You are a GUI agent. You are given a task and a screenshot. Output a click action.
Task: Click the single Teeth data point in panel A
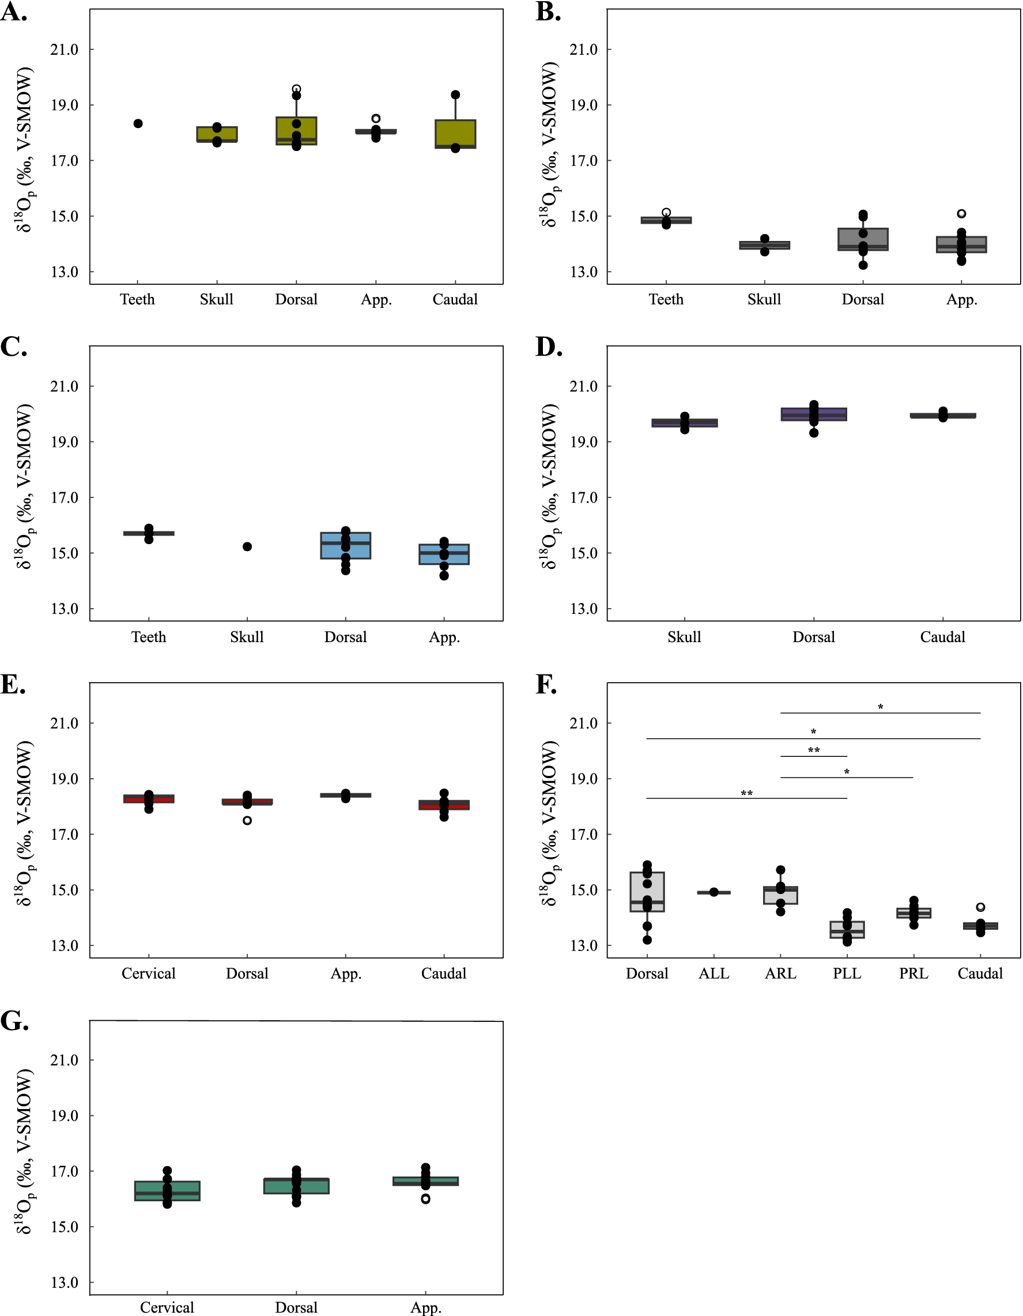138,123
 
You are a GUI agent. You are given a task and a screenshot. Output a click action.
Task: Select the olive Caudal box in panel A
455,134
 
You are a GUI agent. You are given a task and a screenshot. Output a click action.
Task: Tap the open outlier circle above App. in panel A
376,119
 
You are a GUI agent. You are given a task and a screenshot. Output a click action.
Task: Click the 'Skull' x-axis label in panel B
764,300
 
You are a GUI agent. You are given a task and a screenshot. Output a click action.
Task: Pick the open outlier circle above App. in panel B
961,214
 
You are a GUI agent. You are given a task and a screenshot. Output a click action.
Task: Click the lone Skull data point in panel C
247,546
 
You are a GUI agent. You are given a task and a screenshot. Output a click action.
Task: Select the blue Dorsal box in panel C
345,546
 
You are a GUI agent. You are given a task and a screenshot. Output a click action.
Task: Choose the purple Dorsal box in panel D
813,414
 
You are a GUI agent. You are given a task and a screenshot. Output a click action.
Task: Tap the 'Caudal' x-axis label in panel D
942,637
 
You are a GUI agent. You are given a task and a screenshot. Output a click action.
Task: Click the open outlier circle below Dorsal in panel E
247,820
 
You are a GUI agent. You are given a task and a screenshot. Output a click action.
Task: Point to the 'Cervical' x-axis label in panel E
148,974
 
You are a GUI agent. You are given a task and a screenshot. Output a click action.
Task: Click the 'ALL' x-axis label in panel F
714,974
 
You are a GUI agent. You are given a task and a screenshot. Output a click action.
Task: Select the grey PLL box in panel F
847,930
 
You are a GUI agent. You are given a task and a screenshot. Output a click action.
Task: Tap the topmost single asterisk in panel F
880,707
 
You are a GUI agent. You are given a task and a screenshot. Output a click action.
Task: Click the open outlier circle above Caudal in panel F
980,907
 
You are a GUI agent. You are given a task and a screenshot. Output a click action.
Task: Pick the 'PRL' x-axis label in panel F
913,974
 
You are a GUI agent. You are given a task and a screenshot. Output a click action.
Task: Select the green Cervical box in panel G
167,1191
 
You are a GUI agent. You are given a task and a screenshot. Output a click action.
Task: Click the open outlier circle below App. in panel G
425,1199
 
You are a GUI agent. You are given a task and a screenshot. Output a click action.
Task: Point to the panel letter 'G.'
15,1022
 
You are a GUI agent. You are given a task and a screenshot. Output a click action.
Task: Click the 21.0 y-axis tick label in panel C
65,386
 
